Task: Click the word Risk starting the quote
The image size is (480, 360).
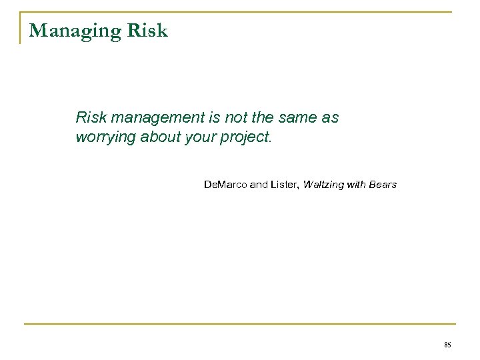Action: [x=90, y=118]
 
